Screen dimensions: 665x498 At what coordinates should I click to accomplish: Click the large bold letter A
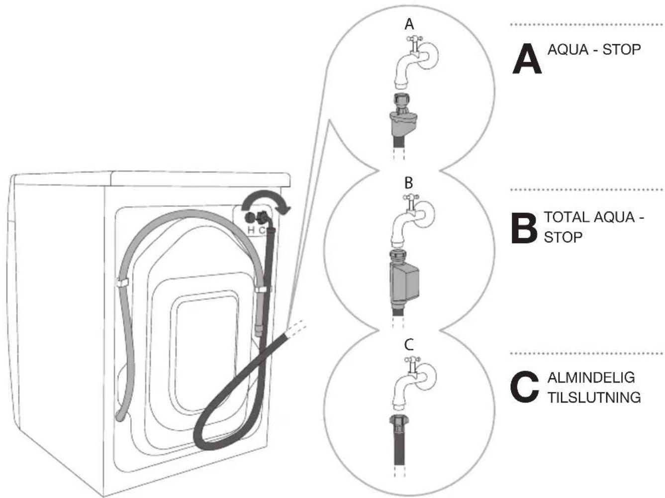coord(527,59)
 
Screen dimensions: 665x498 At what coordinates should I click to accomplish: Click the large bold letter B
coord(524,228)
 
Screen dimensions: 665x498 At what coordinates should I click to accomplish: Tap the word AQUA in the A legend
coord(568,50)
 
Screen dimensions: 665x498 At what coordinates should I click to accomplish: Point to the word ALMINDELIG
coord(591,378)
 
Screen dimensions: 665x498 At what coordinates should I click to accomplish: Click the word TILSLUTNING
coord(594,398)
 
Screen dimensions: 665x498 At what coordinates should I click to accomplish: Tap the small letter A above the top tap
coord(409,25)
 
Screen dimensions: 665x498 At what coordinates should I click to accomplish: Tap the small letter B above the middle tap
coord(409,183)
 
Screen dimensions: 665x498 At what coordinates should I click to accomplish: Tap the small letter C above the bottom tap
coord(409,344)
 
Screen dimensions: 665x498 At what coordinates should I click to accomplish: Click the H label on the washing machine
coord(251,230)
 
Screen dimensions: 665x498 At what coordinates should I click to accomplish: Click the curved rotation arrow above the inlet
coord(266,200)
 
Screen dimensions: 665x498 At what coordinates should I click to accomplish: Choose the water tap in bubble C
coord(414,382)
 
